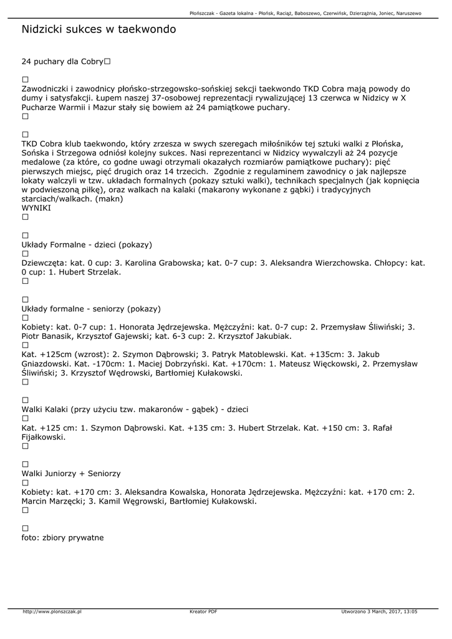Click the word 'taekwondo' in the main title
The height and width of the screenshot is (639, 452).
(x=147, y=29)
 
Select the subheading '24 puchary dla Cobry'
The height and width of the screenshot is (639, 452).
(x=62, y=62)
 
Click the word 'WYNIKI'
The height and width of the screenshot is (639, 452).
(x=36, y=207)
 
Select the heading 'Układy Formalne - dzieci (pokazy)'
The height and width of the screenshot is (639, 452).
(x=87, y=245)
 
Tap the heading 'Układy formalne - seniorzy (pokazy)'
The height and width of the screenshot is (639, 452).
(x=91, y=309)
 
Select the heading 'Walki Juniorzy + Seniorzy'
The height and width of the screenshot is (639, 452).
(x=71, y=474)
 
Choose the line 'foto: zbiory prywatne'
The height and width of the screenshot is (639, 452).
(x=62, y=537)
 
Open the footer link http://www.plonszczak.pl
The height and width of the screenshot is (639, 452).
(x=52, y=612)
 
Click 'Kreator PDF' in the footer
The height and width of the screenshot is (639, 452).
(x=203, y=612)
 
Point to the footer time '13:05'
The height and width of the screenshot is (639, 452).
(x=410, y=612)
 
